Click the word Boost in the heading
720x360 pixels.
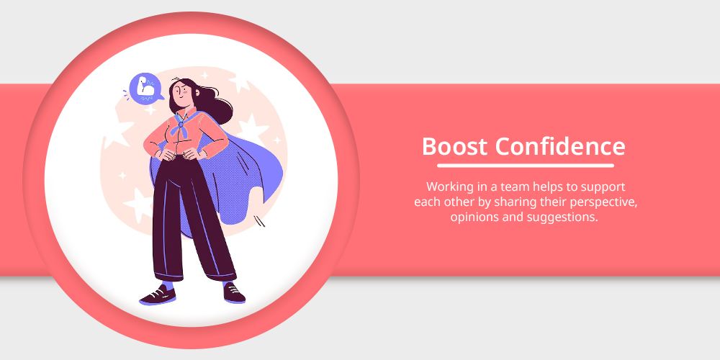coord(454,146)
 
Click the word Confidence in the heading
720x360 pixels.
coord(560,146)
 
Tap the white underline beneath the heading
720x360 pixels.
coord(526,166)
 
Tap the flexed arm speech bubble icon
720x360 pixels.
coord(145,88)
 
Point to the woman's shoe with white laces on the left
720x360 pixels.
coord(158,294)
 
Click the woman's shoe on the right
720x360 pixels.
coord(234,293)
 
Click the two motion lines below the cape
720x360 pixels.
coord(261,221)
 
